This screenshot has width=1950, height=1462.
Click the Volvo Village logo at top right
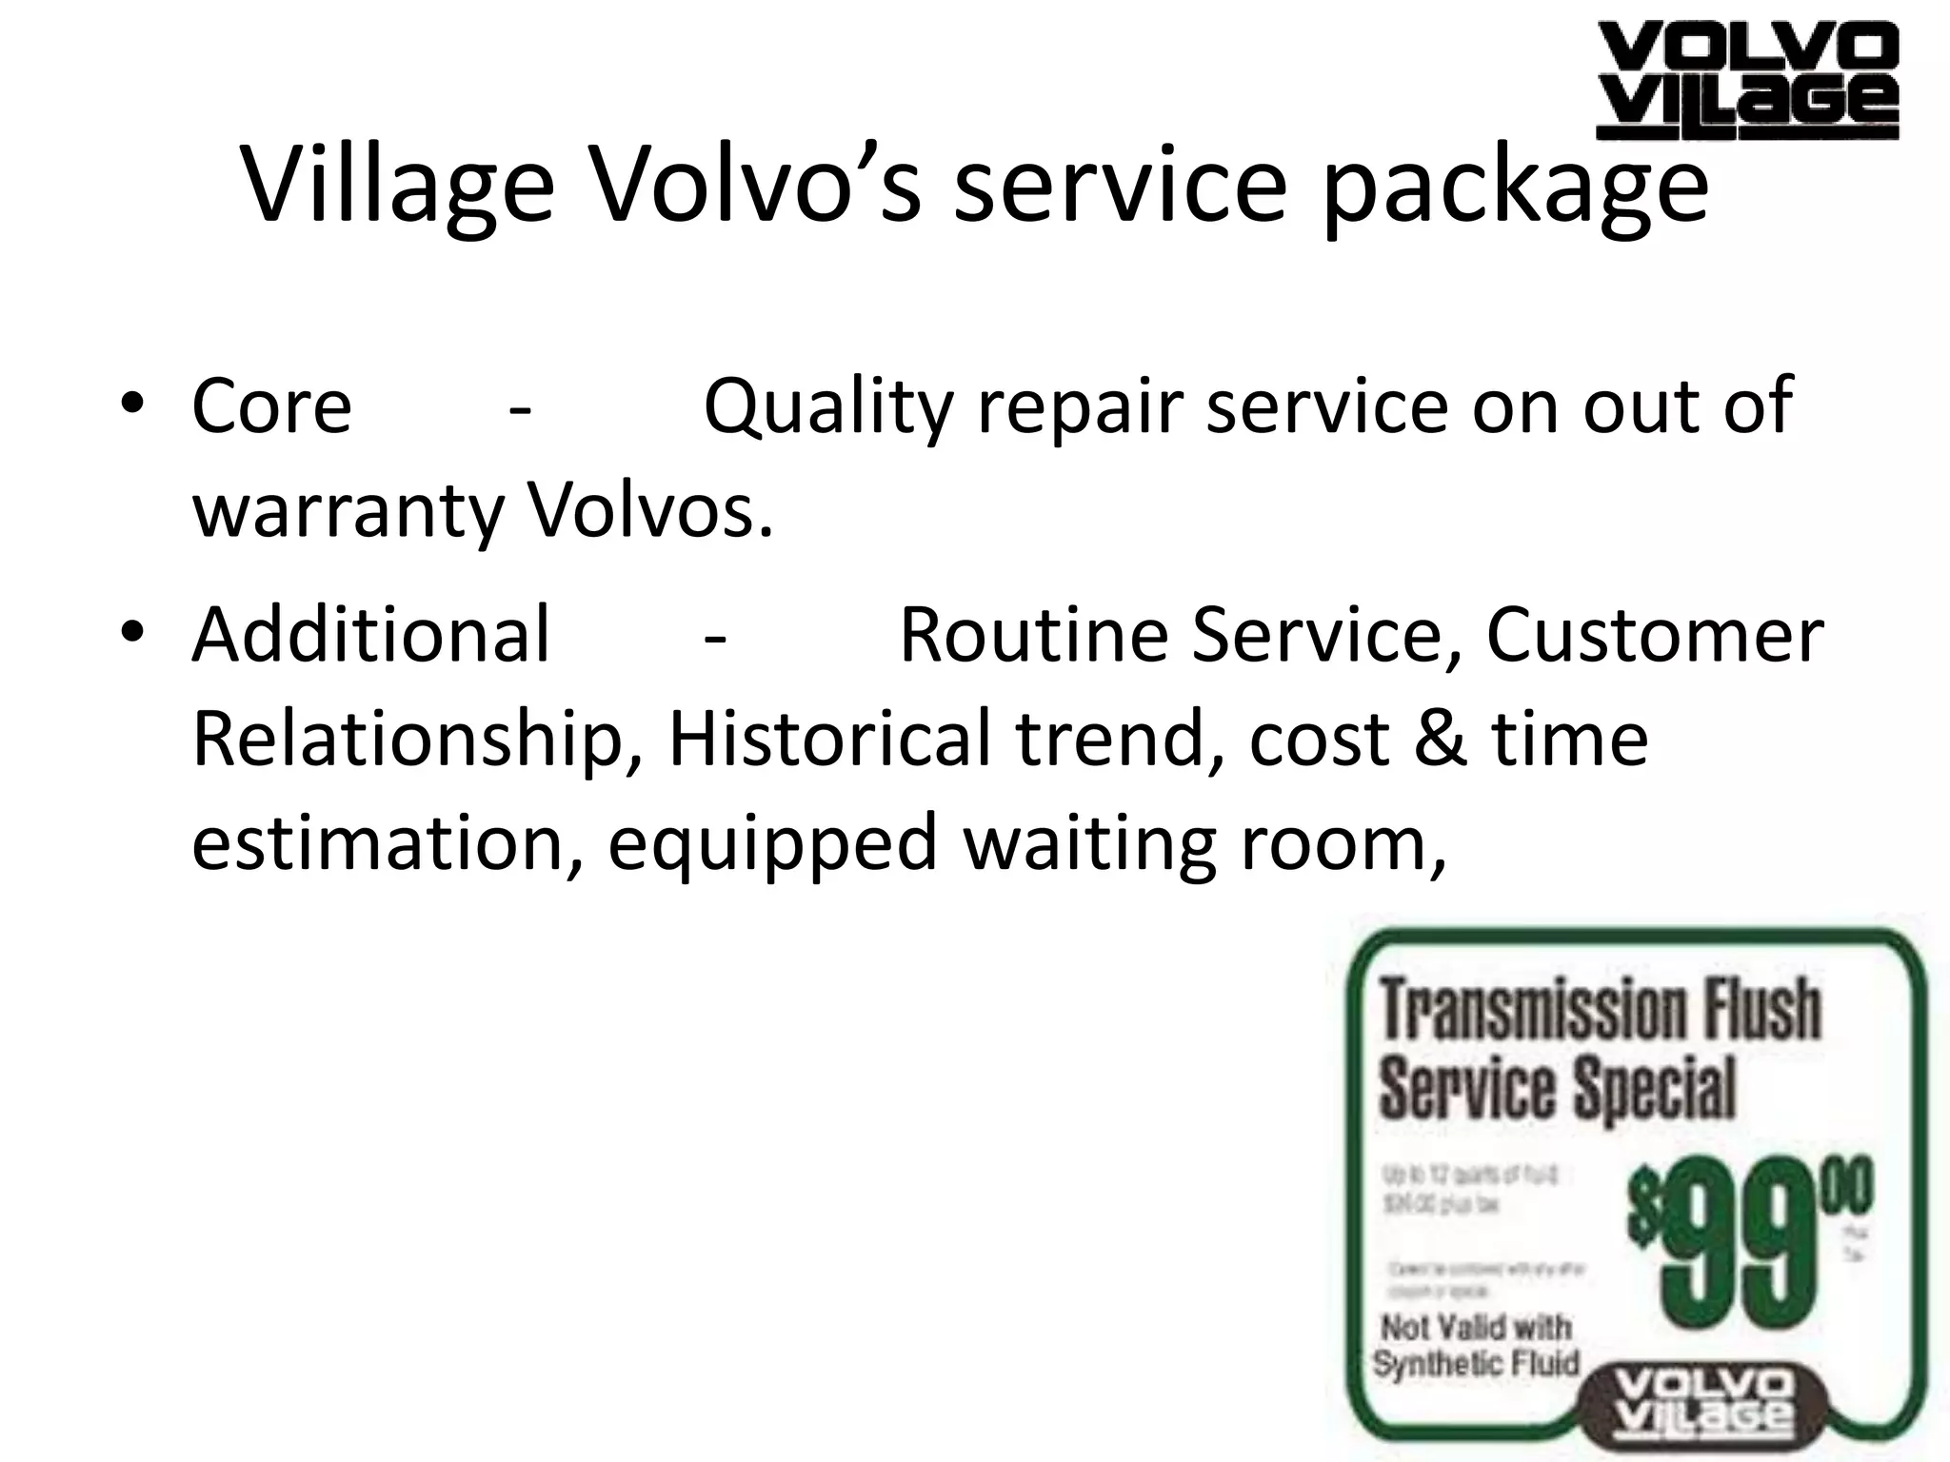click(x=1746, y=82)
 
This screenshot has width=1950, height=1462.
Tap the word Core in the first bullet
click(x=271, y=406)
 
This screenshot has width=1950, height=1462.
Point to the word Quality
click(x=827, y=406)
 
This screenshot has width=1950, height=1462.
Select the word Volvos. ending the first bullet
click(x=650, y=511)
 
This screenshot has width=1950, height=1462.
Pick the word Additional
click(x=371, y=635)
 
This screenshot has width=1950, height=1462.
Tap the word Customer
click(x=1655, y=635)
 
